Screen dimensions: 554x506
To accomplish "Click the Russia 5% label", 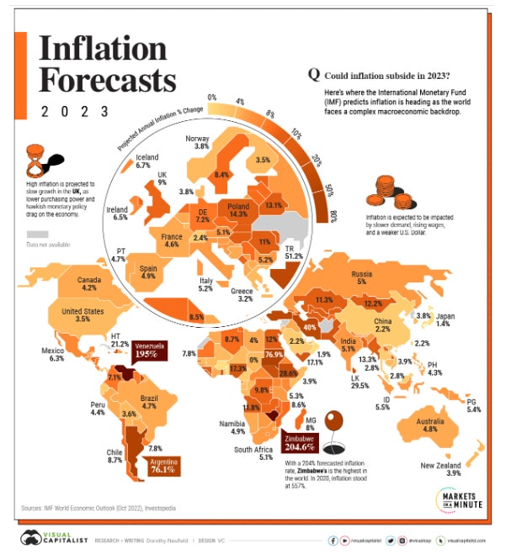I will point(386,278).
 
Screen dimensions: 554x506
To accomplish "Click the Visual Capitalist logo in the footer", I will point(54,538).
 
